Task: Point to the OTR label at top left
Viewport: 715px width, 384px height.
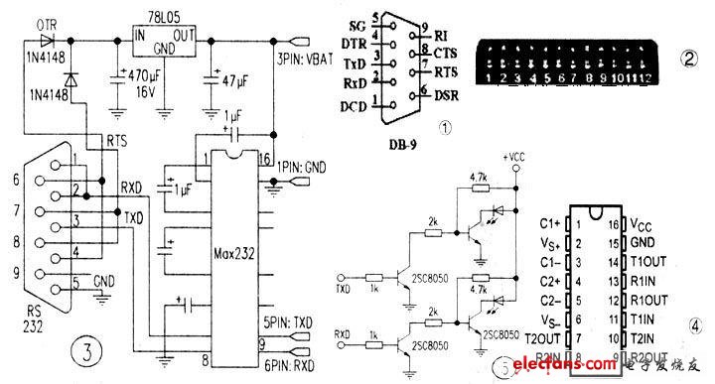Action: click(x=45, y=23)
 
